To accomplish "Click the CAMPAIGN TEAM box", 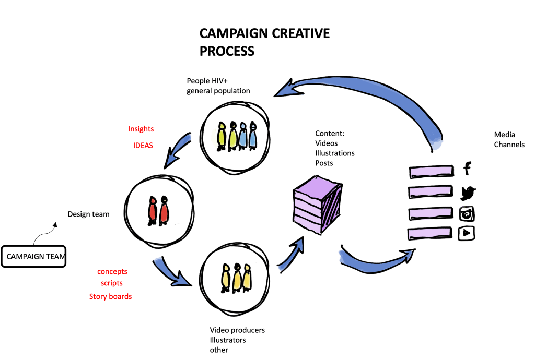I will click(x=34, y=256).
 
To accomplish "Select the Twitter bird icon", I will click(x=468, y=193).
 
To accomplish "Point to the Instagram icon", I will click(x=467, y=214).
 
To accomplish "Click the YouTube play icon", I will click(x=466, y=233).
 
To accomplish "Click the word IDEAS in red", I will click(x=143, y=146).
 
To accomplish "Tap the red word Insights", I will click(x=141, y=129).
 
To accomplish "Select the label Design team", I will click(x=88, y=214).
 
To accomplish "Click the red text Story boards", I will click(x=110, y=296).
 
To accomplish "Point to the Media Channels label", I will click(x=509, y=139).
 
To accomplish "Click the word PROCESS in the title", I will click(x=227, y=51).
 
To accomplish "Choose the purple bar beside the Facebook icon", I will click(x=432, y=171).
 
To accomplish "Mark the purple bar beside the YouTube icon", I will click(x=431, y=233).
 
